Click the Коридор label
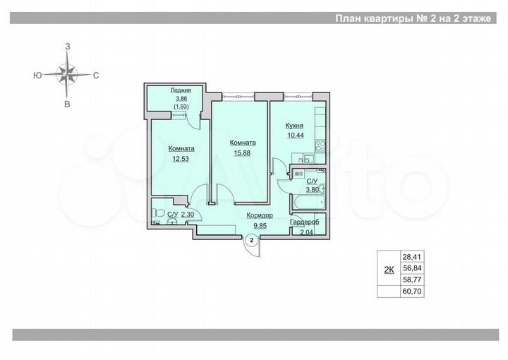point(259,217)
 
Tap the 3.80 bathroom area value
point(313,189)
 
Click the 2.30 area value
point(188,215)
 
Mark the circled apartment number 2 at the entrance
point(250,241)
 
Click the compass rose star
point(67,73)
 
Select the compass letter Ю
point(35,74)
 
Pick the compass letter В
point(67,104)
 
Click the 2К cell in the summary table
point(388,269)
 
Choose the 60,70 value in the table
point(411,290)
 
